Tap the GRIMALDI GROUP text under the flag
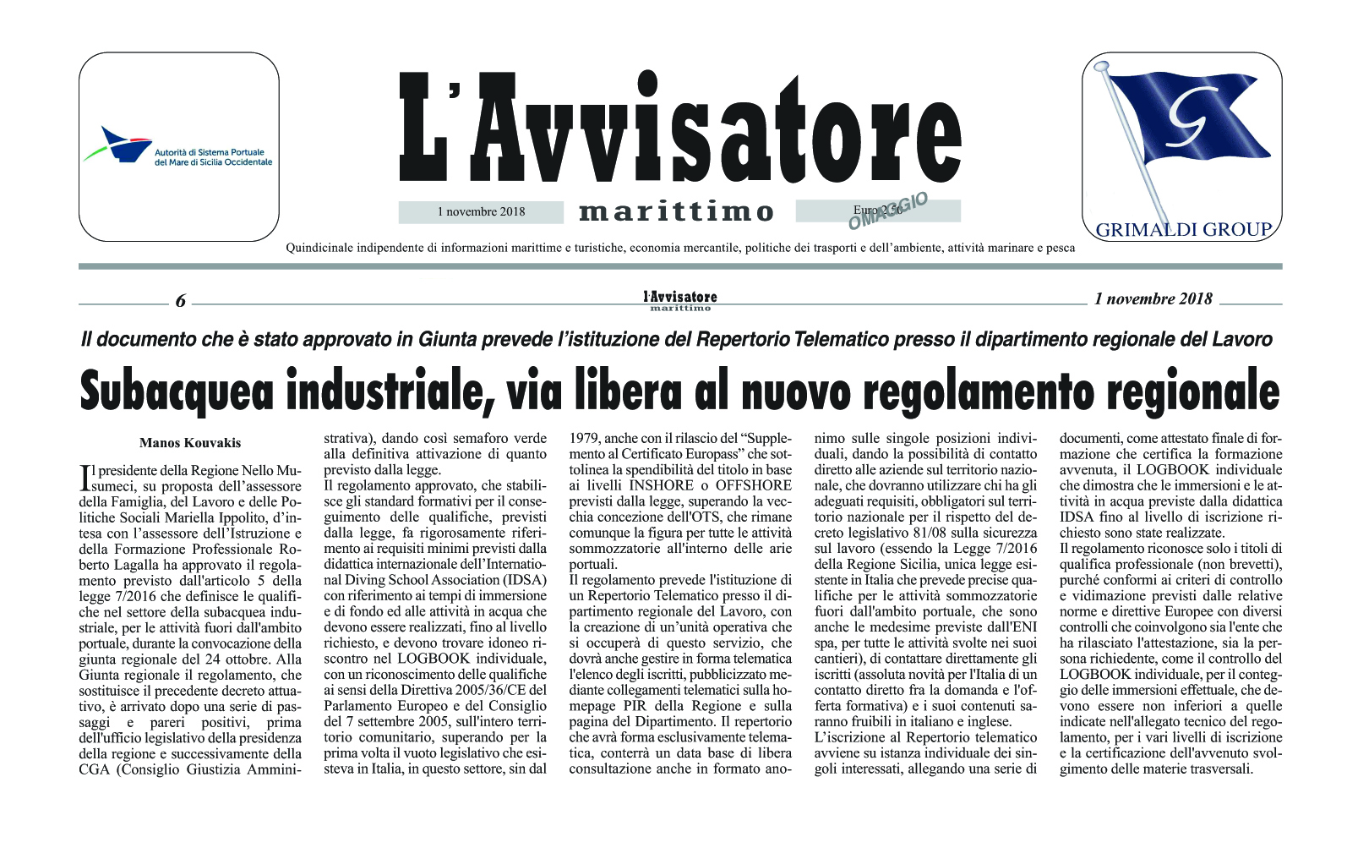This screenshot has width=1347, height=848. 1183,229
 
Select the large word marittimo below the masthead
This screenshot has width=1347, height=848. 676,212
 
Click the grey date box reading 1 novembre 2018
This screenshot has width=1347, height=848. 481,212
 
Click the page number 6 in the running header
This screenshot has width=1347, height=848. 180,301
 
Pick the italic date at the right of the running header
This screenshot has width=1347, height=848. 1153,298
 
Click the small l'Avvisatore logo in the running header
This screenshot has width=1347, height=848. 680,299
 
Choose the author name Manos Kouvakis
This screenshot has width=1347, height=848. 190,443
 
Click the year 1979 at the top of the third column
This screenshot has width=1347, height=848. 585,439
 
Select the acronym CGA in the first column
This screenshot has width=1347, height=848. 95,769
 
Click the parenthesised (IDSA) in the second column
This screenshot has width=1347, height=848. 526,580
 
